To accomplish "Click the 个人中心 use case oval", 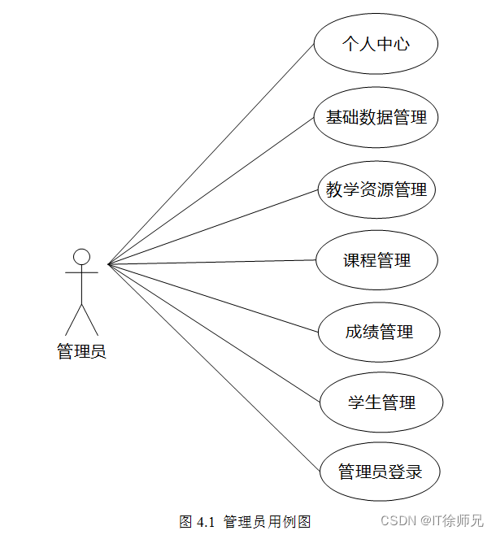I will point(376,44).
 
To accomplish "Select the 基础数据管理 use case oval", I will point(376,117).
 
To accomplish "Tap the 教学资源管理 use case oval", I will point(376,190).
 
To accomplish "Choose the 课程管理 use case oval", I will point(376,260).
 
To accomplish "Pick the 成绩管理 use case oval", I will point(379,332).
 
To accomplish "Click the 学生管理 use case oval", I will point(381,402).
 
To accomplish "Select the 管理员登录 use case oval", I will point(380,472).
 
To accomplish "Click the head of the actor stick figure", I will point(81,257).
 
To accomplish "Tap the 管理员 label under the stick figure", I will point(81,352).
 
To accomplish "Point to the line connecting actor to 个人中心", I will point(211,153).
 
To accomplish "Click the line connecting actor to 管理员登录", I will point(211,368).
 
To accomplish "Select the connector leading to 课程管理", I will point(211,262).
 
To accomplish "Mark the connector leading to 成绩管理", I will point(211,298).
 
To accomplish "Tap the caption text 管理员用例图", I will point(267,521).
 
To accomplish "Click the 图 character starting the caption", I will point(185,521).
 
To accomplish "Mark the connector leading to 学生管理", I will point(211,332).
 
